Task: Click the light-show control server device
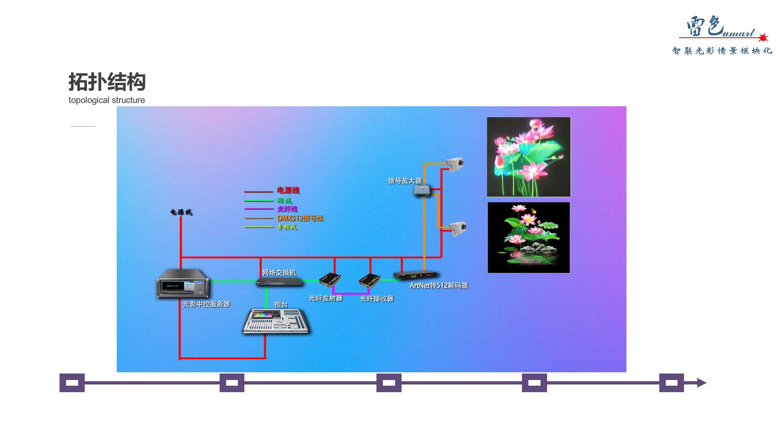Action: (x=183, y=283)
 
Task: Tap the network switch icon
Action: (x=279, y=282)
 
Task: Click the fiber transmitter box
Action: (x=330, y=279)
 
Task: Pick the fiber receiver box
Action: (x=369, y=280)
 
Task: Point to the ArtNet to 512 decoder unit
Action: (x=416, y=275)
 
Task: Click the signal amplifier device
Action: (x=422, y=190)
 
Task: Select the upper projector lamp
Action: (x=455, y=163)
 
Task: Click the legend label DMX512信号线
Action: (x=300, y=218)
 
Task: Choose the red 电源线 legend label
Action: (x=288, y=190)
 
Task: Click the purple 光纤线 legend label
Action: (x=287, y=209)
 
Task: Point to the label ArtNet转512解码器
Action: (x=438, y=286)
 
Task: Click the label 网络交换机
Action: (x=279, y=273)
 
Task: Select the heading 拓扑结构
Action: (x=107, y=82)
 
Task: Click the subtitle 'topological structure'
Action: (x=107, y=100)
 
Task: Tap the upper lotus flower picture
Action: (x=528, y=157)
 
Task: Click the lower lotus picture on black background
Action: (x=528, y=237)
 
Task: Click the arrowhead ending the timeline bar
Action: (x=701, y=383)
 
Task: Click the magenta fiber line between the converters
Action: (x=351, y=293)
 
